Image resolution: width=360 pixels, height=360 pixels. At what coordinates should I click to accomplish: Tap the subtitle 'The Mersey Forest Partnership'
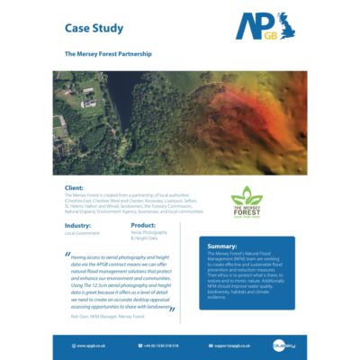pos(107,54)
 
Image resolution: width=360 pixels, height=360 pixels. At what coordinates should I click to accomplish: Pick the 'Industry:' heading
pos(78,225)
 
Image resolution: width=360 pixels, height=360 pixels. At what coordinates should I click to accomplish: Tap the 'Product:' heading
pos(144,225)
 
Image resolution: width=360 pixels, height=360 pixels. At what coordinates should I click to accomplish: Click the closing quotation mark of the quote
pos(171,308)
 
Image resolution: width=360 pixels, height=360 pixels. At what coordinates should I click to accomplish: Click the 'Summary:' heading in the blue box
pos(222,246)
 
